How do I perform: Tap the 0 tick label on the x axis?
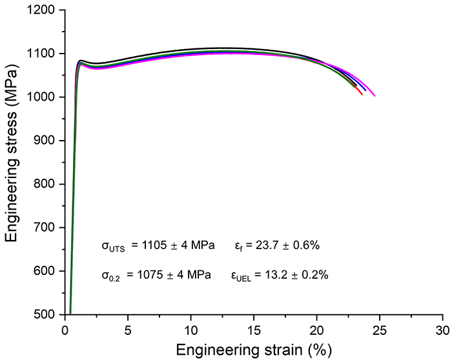coord(65,328)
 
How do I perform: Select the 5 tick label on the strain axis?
coord(128,328)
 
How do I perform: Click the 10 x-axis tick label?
coord(191,328)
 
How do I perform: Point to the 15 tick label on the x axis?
coord(254,328)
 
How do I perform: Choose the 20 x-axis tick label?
coord(317,328)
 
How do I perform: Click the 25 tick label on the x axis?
coord(380,328)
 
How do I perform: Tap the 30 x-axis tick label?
coord(443,328)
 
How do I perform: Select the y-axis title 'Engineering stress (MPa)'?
coord(12,163)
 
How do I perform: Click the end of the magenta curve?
coord(375,96)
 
